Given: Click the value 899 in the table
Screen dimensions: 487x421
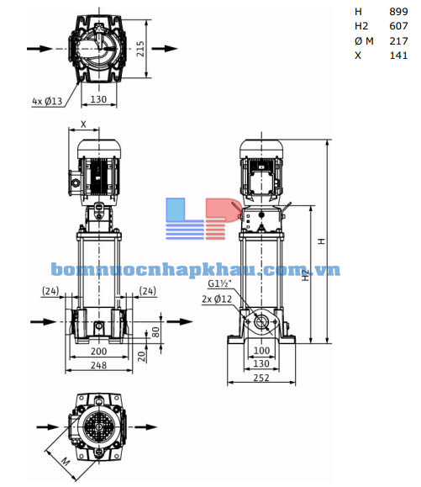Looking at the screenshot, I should click(398, 11).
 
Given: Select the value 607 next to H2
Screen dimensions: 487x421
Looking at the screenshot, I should click(398, 26).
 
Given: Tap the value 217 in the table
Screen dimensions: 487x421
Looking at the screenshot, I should click(398, 41).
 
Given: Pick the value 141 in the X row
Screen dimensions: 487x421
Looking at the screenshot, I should click(398, 56).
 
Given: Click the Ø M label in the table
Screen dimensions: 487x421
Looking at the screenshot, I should click(363, 41).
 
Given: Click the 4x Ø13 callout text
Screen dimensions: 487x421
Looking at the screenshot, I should click(48, 101).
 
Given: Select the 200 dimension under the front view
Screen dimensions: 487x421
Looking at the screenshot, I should click(98, 350).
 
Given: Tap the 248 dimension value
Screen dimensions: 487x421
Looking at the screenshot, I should click(98, 366).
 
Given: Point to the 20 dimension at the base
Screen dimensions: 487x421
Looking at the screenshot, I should click(142, 354).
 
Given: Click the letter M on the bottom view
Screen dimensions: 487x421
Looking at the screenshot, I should click(66, 460).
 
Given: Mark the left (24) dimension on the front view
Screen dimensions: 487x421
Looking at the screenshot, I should click(50, 291).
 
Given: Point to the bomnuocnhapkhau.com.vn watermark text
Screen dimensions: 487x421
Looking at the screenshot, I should click(194, 269).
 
